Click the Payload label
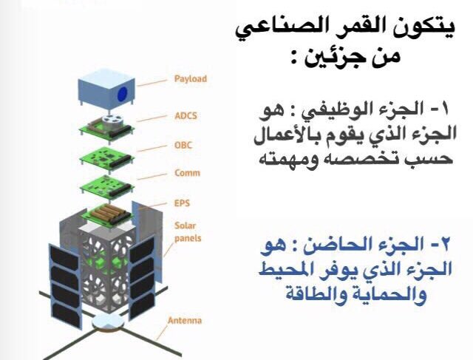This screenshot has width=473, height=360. (190, 78)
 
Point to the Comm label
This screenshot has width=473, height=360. (186, 174)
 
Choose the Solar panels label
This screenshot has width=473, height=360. (186, 232)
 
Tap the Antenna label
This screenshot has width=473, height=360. (184, 321)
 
